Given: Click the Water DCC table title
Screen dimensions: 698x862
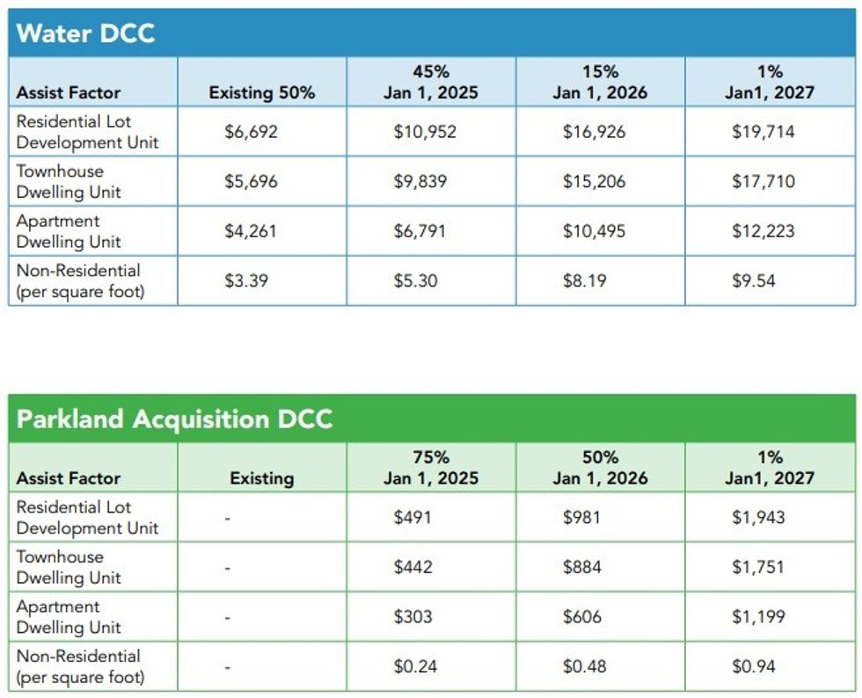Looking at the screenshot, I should tap(85, 34).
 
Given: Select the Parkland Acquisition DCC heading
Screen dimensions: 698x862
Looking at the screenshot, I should tap(174, 418).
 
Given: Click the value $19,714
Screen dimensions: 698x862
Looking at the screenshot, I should tap(763, 132).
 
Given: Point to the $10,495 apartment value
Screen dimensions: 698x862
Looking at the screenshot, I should tap(594, 231).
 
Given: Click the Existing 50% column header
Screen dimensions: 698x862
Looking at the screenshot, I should tap(261, 92).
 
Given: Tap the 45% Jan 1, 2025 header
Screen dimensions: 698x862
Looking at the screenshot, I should tap(431, 83).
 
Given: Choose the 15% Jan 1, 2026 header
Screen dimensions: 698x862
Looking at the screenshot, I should tap(600, 83).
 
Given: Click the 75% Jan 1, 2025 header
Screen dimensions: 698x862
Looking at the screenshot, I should tap(431, 468).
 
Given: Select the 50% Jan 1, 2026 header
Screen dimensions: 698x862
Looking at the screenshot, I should tap(600, 468).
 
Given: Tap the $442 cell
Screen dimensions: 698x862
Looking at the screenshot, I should tap(413, 567).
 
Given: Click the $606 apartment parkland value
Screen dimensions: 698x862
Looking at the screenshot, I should tap(582, 617).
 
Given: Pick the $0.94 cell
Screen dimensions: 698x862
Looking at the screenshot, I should tap(754, 666).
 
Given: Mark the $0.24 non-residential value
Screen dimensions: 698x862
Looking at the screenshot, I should tap(414, 666).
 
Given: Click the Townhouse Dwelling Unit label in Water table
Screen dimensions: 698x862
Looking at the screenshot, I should tap(69, 182).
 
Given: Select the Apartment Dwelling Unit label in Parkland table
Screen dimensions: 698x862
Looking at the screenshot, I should tap(69, 617).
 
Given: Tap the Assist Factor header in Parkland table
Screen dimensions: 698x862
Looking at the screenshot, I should tap(69, 478).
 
